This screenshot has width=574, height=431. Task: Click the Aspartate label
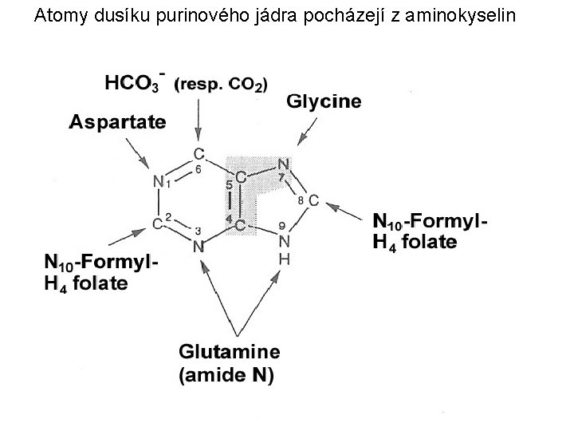click(117, 122)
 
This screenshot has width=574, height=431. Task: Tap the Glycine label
click(323, 101)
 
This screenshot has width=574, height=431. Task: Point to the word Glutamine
click(229, 351)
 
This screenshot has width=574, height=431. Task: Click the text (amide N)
click(226, 375)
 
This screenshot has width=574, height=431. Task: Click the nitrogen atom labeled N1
click(157, 182)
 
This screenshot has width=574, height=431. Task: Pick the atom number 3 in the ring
click(199, 231)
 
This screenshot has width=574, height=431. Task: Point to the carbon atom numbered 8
click(313, 200)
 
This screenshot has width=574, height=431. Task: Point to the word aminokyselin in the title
click(471, 14)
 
